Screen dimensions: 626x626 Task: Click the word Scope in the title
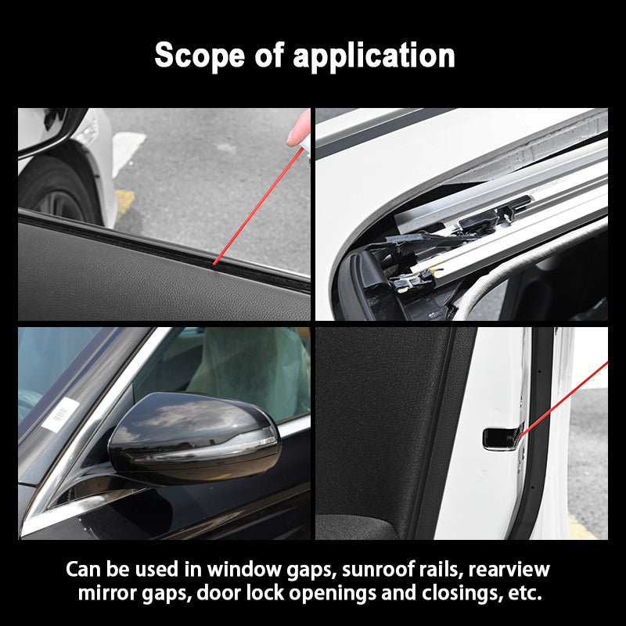200,55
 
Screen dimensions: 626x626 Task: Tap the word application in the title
374,56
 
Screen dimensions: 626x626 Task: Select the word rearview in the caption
509,570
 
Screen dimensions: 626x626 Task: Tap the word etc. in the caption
525,593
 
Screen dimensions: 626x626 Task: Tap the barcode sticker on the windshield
61,415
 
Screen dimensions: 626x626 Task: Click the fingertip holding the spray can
298,128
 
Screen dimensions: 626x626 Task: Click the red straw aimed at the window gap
258,206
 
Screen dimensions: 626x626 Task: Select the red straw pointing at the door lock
563,399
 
